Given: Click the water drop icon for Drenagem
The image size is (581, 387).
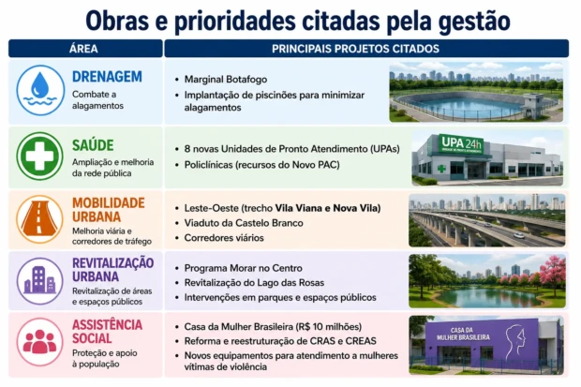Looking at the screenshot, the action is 40,90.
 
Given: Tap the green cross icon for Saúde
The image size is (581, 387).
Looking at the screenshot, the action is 39,156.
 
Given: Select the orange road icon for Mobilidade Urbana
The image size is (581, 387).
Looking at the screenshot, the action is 39,219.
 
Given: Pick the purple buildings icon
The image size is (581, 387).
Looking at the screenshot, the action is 39,280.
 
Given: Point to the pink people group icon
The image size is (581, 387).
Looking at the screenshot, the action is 39,341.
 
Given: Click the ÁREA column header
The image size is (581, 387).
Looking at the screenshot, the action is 83,49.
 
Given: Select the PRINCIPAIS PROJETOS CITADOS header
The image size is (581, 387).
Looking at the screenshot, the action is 355,49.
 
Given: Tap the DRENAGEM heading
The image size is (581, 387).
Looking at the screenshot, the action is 107,77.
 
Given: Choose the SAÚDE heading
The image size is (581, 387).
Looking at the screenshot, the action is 93,145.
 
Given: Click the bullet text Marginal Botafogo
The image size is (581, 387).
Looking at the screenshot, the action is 226,80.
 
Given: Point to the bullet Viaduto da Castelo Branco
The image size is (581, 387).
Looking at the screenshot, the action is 244,223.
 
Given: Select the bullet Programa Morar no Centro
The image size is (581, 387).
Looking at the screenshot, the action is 244,268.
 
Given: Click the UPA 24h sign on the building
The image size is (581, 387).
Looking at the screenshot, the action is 461,143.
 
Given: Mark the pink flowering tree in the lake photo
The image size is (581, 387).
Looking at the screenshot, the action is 553,273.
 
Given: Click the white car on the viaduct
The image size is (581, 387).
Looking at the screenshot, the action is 519,235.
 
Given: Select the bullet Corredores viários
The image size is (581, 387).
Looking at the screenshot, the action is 224,238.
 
